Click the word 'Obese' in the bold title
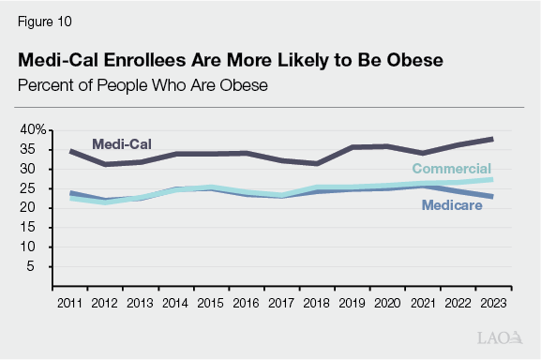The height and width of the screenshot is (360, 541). [x=414, y=60]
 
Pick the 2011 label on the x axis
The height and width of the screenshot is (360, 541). [x=72, y=304]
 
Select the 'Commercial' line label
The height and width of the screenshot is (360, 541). [x=452, y=168]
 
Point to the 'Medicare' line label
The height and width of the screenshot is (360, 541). [x=452, y=205]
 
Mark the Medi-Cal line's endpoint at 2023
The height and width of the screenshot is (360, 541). [x=492, y=139]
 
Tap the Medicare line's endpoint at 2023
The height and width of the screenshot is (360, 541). [x=492, y=196]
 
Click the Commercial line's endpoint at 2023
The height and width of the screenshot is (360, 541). [x=492, y=179]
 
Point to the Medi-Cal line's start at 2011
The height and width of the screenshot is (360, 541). [x=72, y=151]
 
